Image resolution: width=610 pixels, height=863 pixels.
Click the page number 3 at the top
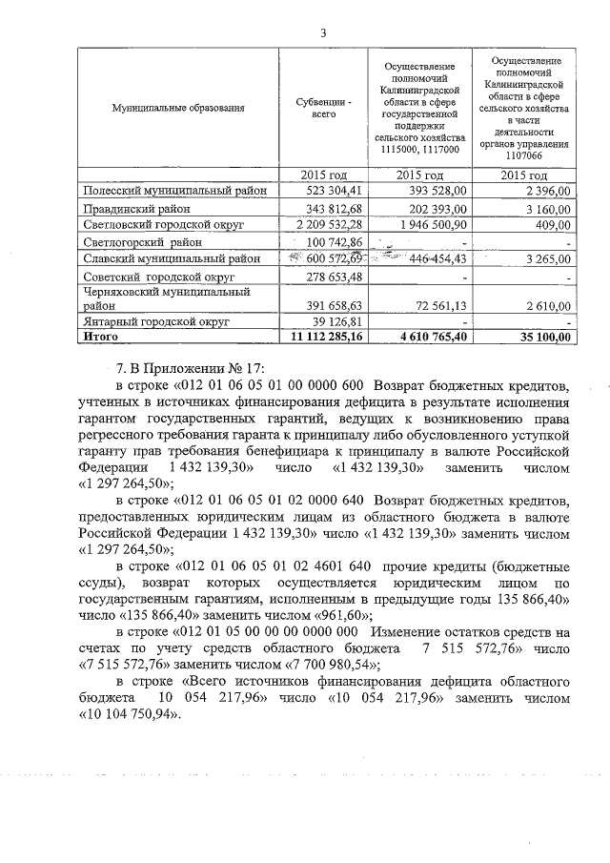323,33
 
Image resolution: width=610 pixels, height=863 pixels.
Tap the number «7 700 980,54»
321,665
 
